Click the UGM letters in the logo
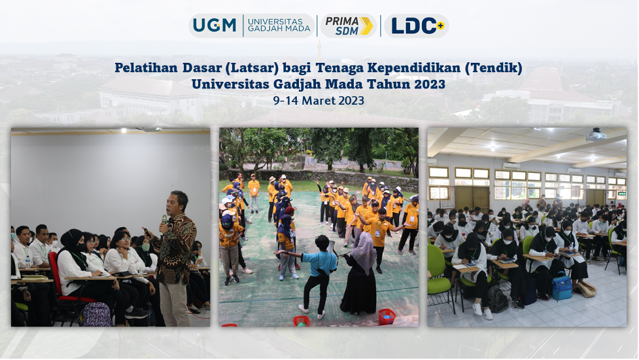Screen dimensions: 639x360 point(215,26)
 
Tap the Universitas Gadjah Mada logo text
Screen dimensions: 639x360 point(275,26)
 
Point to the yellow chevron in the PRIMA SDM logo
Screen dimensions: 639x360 point(366,26)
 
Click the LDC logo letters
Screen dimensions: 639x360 point(413,26)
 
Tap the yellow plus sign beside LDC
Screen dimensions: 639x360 point(440,26)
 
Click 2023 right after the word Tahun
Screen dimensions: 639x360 point(430,84)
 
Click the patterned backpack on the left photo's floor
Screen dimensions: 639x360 point(97,314)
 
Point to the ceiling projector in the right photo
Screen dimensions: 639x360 point(596,135)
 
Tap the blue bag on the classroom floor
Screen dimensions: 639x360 point(562,287)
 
